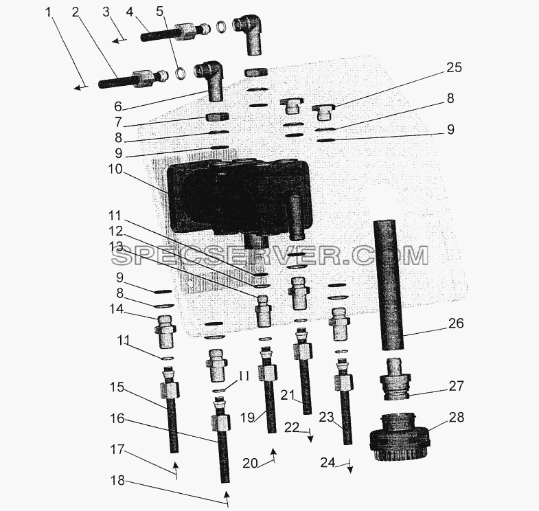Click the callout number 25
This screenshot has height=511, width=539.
click(454, 67)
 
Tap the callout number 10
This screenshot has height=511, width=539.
click(115, 169)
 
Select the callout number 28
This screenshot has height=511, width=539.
click(457, 417)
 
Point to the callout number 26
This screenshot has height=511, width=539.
click(456, 323)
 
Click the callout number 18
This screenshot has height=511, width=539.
click(117, 480)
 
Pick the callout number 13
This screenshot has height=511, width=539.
click(115, 246)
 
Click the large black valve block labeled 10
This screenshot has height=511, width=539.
click(240, 199)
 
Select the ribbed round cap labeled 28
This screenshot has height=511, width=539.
click(398, 438)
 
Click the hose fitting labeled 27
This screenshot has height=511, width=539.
click(394, 379)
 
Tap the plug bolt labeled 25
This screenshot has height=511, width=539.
click(322, 112)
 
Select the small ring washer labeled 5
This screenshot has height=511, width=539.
click(181, 73)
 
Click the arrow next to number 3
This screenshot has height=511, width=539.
click(119, 41)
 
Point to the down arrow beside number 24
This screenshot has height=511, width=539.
click(350, 466)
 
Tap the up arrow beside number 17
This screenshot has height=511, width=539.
click(175, 470)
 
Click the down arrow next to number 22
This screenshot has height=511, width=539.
click(310, 435)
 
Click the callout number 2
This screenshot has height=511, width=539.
click(76, 12)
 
